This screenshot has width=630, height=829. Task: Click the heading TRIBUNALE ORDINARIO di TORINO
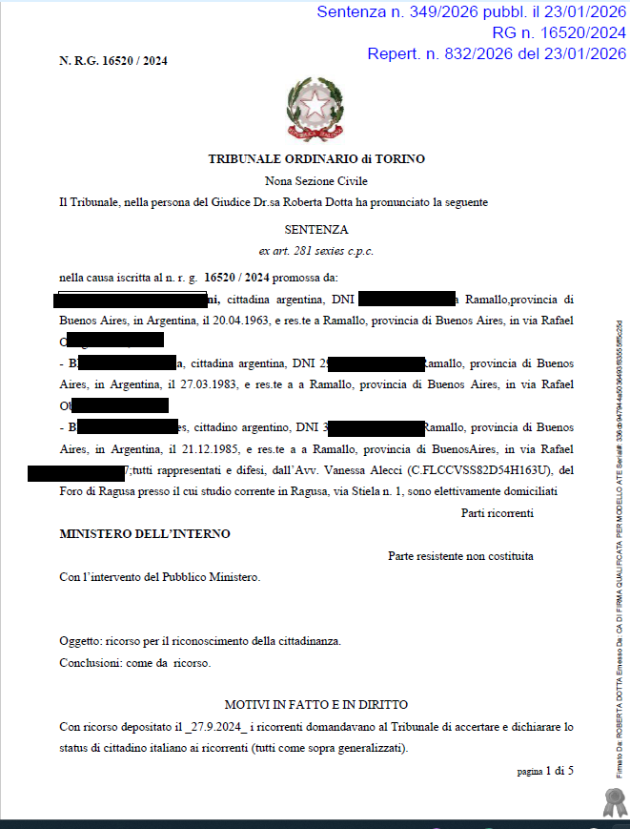click(316, 159)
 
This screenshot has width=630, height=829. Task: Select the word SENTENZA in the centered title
click(316, 229)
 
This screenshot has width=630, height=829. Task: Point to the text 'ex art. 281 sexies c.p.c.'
click(316, 251)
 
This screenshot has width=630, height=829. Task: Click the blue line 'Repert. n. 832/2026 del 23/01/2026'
click(496, 53)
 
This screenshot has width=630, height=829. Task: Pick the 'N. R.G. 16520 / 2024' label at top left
click(113, 60)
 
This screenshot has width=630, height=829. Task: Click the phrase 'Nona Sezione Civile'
click(315, 181)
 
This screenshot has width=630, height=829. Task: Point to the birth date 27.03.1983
click(214, 384)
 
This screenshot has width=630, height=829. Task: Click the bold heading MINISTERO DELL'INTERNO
click(145, 534)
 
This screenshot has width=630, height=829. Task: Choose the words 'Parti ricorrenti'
click(498, 513)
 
